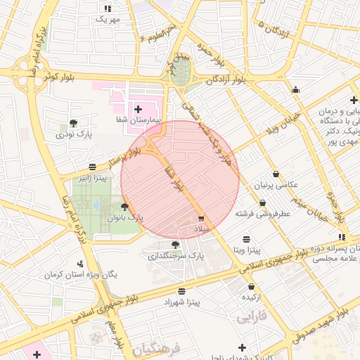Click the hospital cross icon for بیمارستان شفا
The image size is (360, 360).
pos(137,109)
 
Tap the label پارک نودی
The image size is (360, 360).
pos(75,133)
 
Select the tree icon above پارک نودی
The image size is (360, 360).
pos(74,122)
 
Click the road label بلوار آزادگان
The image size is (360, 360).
pos(231,79)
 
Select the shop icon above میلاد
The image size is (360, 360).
pos(202,219)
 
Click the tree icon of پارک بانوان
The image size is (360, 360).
pos(125,207)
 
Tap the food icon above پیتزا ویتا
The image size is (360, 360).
pos(246,239)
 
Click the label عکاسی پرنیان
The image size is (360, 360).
pos(276,185)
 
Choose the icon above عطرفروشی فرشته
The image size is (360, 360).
pos(263,202)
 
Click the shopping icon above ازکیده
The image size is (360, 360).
pos(252,286)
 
